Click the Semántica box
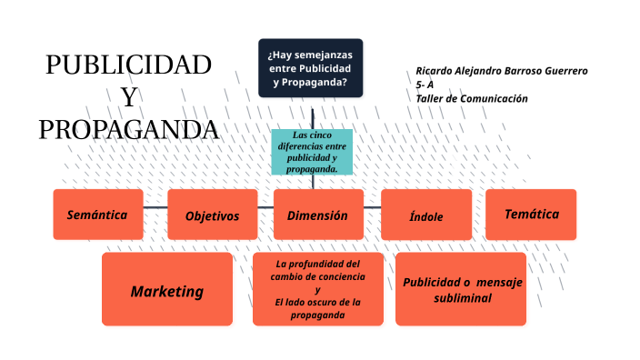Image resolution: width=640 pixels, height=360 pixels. (97, 215)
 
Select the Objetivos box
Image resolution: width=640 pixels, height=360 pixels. (212, 215)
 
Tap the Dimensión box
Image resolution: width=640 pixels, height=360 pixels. (318, 215)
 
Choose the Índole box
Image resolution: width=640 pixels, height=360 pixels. (425, 215)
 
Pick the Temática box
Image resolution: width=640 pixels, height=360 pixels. (531, 215)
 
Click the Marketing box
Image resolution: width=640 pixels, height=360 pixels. (166, 291)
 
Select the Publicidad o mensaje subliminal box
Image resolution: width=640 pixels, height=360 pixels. (462, 289)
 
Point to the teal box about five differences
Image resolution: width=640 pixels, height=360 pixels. (312, 152)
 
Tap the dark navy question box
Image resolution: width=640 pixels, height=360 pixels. (310, 68)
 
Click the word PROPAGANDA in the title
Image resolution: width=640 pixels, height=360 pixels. (128, 129)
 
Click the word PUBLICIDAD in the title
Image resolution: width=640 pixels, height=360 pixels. (128, 65)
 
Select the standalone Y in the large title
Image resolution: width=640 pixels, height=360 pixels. (129, 97)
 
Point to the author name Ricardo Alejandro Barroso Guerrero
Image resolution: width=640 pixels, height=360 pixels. (502, 71)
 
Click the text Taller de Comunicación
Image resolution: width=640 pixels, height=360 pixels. (472, 98)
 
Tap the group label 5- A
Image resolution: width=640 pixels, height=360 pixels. (425, 85)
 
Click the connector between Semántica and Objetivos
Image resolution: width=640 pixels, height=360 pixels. (155, 208)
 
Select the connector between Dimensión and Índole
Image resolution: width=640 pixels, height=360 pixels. (372, 208)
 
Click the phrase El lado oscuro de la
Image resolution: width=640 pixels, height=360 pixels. (317, 303)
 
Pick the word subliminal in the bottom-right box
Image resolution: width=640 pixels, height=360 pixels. (462, 298)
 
